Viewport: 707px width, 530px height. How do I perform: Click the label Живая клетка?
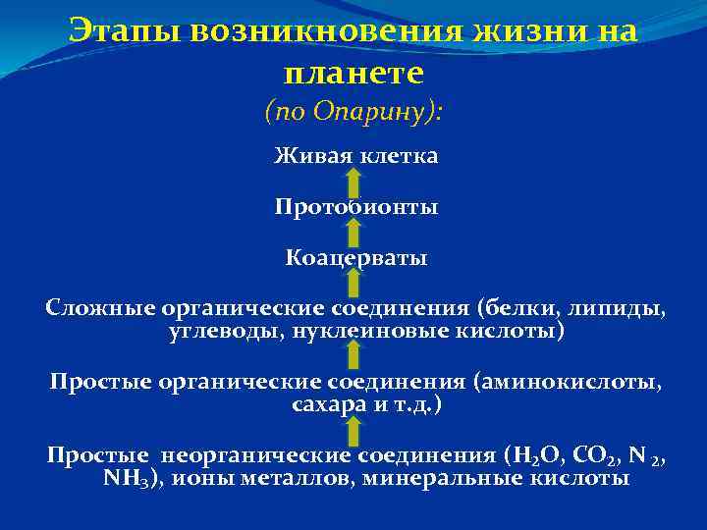(x=355, y=155)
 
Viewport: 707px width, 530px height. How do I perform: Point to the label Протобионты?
(x=355, y=207)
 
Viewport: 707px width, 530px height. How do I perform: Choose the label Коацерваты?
(x=355, y=259)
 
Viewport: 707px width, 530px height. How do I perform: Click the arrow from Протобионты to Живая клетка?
(x=353, y=183)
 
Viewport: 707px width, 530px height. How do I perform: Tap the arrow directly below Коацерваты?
(x=353, y=286)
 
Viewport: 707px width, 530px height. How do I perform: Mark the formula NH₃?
(x=125, y=479)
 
